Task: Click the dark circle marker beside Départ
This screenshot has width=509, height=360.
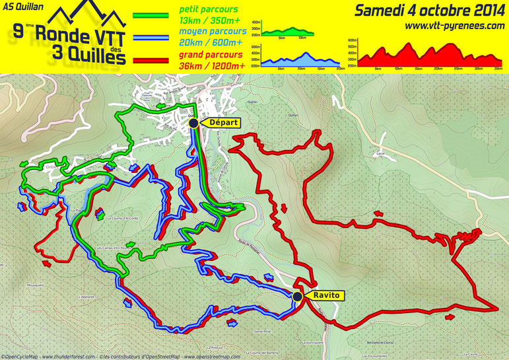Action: click(x=193, y=122)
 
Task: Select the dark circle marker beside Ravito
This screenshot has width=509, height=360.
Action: click(x=298, y=297)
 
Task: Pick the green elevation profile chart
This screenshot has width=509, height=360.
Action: click(x=288, y=30)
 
